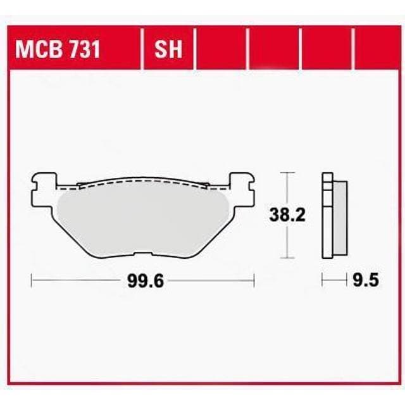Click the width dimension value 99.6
pos(146,280)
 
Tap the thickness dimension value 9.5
pos(363,280)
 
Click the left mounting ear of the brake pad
pos(44,184)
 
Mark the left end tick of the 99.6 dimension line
pos(32,280)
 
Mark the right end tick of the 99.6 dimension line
pos(254,280)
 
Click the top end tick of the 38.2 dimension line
pos(288,172)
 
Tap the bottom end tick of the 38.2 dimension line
pos(288,258)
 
